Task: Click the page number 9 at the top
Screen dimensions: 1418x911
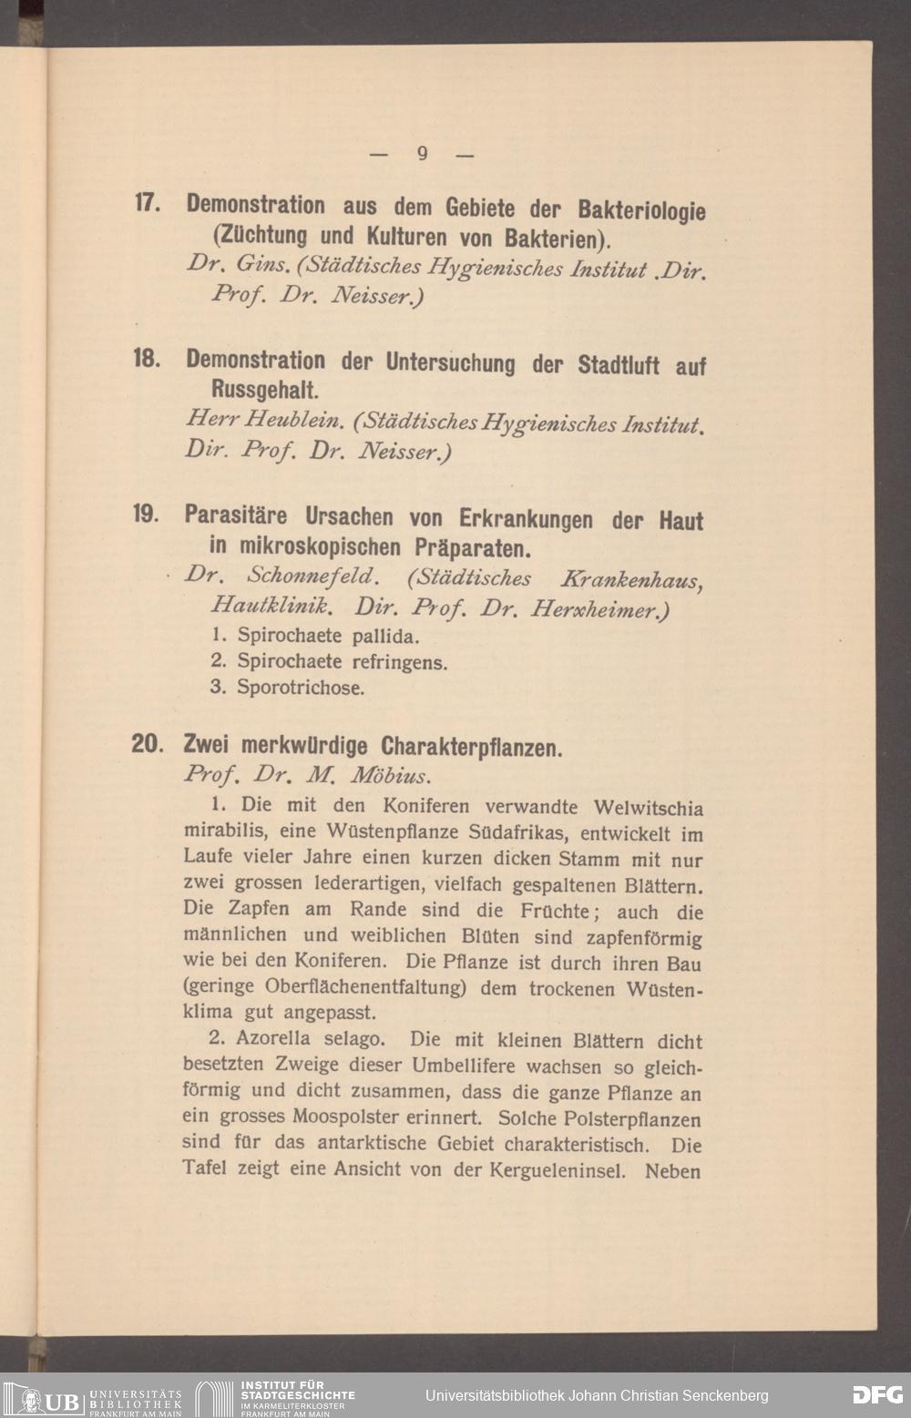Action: tap(422, 153)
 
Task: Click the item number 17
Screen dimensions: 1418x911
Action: tap(148, 203)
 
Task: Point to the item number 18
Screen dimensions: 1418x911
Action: tap(147, 359)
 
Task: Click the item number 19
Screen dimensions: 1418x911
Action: tap(147, 515)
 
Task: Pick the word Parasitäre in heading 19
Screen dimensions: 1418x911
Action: tap(236, 516)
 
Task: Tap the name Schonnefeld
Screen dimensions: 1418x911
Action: tap(311, 576)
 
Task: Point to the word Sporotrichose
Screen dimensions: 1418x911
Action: tap(301, 688)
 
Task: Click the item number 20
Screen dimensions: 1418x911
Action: tap(147, 744)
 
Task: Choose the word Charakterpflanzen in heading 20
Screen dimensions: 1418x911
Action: tap(472, 748)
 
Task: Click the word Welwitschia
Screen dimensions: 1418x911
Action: tap(648, 808)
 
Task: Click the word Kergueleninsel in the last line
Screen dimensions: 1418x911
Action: tap(557, 1170)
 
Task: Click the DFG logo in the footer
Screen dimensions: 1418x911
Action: tap(877, 1394)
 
